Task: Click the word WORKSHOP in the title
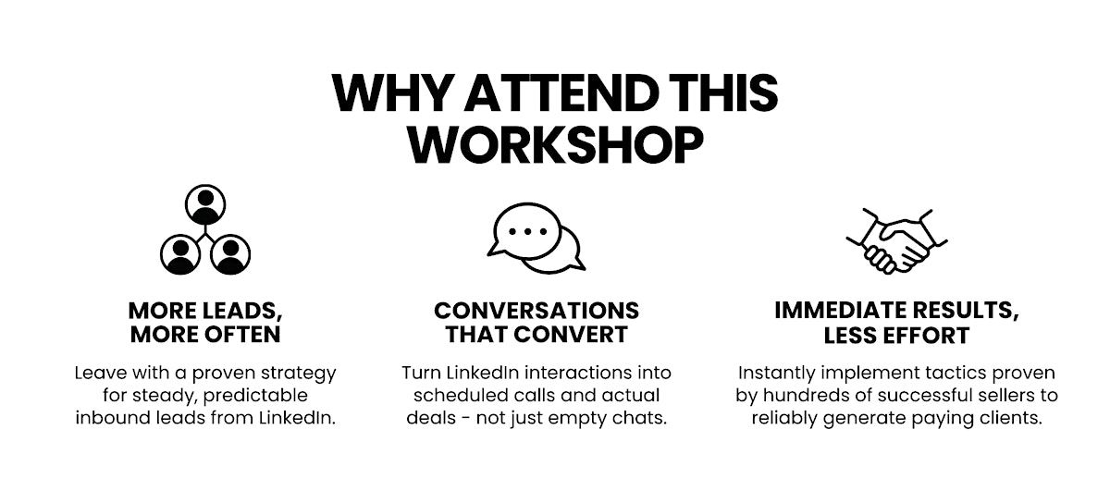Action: click(555, 144)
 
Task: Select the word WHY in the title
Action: click(392, 92)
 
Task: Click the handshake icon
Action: click(896, 240)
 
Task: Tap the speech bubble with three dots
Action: click(526, 231)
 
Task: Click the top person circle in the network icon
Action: click(205, 204)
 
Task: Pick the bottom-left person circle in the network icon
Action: click(180, 254)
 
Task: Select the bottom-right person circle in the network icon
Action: click(230, 254)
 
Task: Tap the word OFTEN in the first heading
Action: click(243, 335)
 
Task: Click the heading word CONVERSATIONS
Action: click(536, 311)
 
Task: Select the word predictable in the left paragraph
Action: click(255, 396)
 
